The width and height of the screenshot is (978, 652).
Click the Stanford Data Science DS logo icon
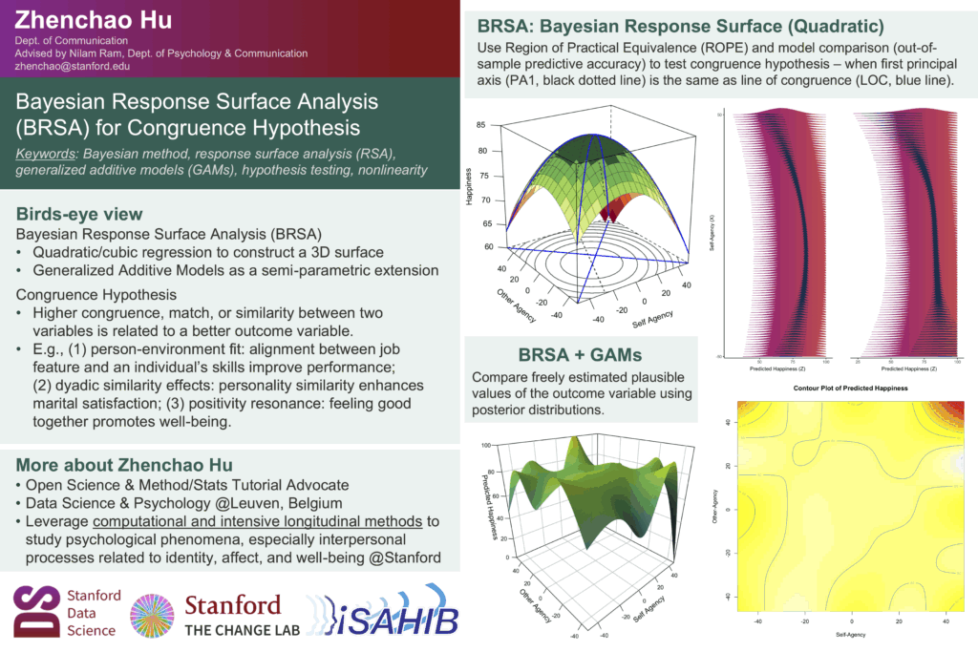(35, 609)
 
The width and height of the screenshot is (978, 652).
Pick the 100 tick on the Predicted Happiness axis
(485, 445)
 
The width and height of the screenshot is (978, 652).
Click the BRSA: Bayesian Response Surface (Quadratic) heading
(680, 25)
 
